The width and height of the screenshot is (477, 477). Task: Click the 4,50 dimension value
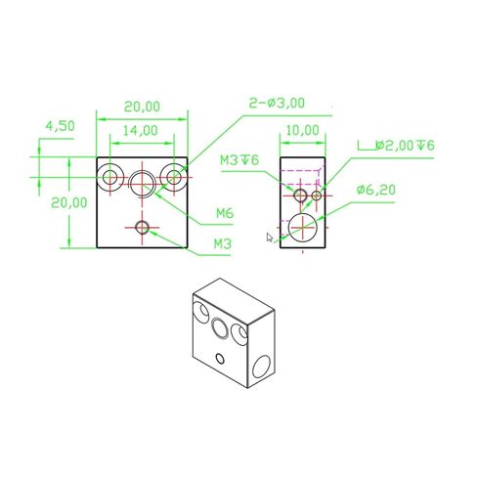point(61,125)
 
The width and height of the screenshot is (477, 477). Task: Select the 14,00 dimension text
point(141,130)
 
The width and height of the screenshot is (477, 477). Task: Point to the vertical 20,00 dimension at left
point(50,202)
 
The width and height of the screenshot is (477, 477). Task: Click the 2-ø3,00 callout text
point(278,102)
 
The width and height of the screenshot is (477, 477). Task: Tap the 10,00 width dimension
point(302,130)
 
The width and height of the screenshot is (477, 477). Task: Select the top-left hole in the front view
point(110,177)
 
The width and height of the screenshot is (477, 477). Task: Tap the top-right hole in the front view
point(175,177)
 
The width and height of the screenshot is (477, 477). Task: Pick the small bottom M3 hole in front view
point(143,228)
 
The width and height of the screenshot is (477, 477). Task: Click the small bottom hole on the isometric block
point(236,356)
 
